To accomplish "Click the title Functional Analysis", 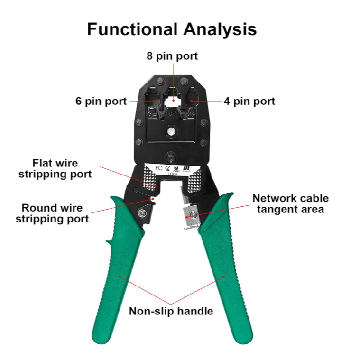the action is [x=172, y=29].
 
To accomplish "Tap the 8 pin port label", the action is [x=172, y=56].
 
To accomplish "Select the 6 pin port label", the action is [x=101, y=101].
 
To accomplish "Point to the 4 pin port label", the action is [x=249, y=101].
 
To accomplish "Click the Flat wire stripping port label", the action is [x=55, y=168].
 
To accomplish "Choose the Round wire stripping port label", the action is [x=52, y=213].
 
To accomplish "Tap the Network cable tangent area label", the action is [x=290, y=204].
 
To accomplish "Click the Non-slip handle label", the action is [x=171, y=311].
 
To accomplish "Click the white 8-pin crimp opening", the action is [x=174, y=101].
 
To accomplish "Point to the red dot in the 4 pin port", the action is [x=191, y=101].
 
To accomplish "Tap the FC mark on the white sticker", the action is [x=158, y=168].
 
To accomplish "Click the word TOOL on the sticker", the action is [x=173, y=174].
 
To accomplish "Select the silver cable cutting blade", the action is [x=190, y=215].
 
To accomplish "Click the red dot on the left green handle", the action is [x=120, y=277].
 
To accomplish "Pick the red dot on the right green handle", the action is [x=224, y=277].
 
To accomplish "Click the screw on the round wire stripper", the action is [x=142, y=213].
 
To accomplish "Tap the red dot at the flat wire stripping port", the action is [x=155, y=186].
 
